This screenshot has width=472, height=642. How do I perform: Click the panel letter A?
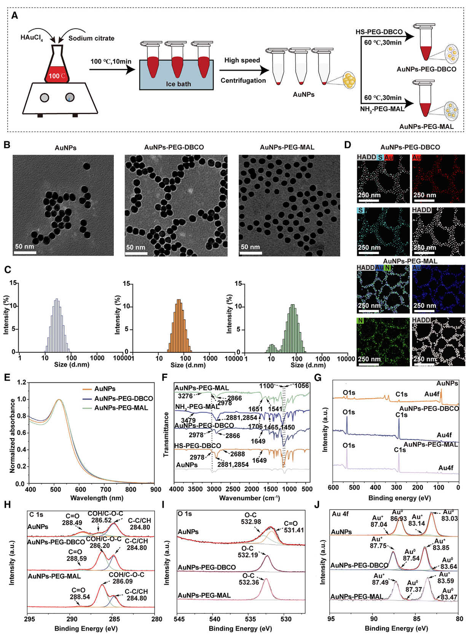pos(14,16)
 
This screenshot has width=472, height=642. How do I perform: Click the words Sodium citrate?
pos(91,38)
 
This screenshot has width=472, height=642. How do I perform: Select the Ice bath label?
pos(178,84)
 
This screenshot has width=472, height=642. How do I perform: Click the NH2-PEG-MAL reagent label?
pos(382,109)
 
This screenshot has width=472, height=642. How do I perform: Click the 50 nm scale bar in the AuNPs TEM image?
pos(25,252)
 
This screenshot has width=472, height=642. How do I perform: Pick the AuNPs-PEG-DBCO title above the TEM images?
pos(174,147)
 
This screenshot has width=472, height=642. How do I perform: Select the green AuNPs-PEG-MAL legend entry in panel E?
pos(121,408)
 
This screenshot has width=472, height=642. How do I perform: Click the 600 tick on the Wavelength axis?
pos(80,489)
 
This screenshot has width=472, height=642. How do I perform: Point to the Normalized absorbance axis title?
pos(13,435)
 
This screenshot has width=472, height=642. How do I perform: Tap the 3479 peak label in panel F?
pos(188,420)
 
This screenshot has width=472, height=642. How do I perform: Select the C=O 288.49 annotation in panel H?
pos(72,520)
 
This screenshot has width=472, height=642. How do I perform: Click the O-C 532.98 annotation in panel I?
pos(251,519)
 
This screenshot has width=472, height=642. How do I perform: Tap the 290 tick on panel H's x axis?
pos(71,619)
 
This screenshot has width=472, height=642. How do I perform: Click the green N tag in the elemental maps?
pos(360,321)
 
